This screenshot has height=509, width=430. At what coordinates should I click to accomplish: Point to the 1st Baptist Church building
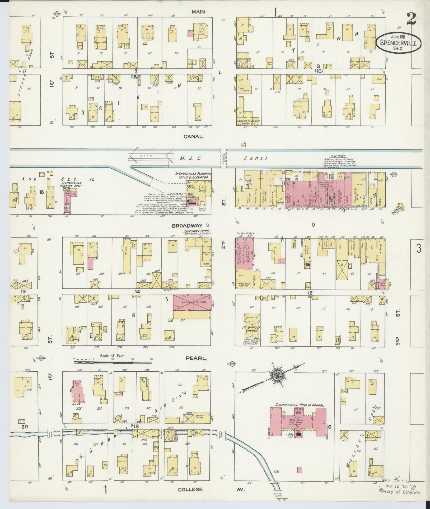pos(253,326)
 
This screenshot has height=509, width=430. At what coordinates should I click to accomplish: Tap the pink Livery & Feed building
pos(192,303)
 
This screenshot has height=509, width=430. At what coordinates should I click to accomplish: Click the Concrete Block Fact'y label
pos(248,122)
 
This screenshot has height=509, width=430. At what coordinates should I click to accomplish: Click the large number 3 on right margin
pos(418,248)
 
